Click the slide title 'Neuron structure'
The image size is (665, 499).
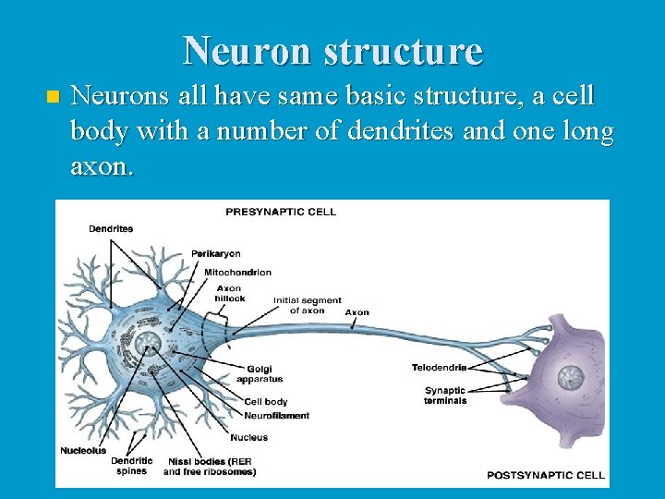[332, 51]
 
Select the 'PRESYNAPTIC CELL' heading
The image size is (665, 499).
[281, 212]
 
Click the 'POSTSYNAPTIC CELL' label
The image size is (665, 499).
[546, 475]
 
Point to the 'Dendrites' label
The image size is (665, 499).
[111, 228]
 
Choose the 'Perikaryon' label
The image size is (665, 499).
[215, 253]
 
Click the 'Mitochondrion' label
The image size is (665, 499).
[237, 272]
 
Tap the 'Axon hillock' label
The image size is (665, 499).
[229, 294]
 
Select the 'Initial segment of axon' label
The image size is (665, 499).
[308, 305]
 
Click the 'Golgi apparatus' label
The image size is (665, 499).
[259, 374]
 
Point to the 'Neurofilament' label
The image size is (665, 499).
[276, 416]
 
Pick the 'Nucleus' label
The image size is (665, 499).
[248, 437]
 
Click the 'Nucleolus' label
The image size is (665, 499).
[83, 451]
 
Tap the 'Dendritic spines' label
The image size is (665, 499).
[131, 466]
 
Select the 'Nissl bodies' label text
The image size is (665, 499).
[210, 466]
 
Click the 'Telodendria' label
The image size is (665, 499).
[439, 368]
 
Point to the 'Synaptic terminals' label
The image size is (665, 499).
[445, 396]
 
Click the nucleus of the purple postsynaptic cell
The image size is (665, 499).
[572, 377]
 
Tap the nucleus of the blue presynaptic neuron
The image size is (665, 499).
[148, 346]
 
